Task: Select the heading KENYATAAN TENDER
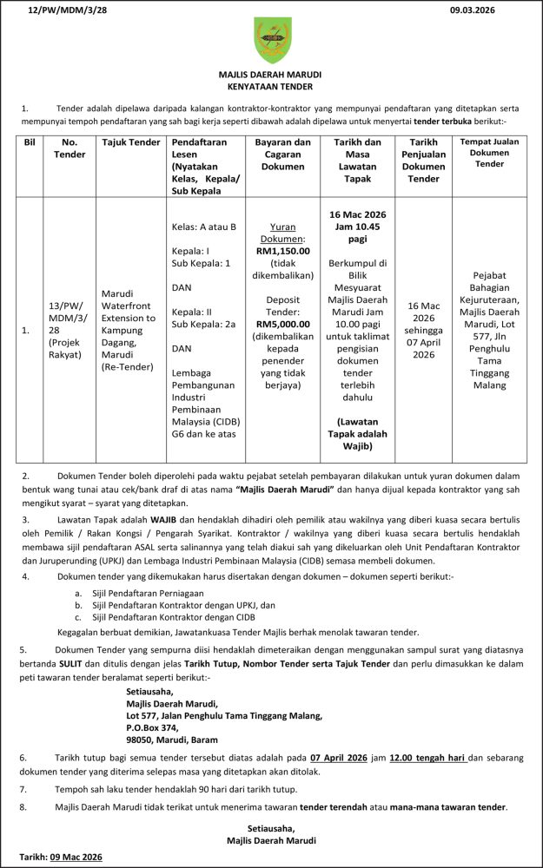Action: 270,87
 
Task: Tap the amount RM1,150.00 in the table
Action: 282,250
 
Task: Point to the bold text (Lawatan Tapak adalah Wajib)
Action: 357,433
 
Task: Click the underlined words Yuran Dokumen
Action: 282,231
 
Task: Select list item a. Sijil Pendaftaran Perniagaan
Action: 130,592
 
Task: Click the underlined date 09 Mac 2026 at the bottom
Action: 76,858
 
